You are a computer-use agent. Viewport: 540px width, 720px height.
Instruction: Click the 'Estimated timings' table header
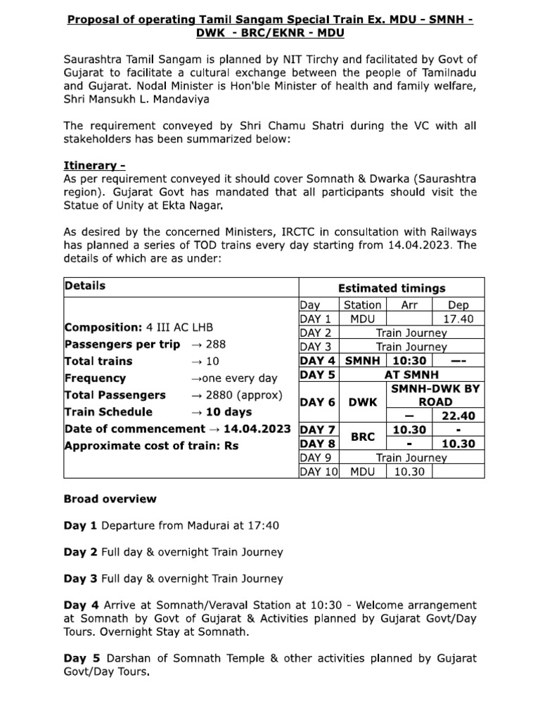(x=392, y=288)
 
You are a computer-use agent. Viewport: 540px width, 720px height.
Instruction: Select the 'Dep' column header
(x=458, y=305)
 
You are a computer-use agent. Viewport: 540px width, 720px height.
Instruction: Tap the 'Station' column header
(x=363, y=305)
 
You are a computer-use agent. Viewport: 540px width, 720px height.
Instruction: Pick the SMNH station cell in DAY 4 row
(x=363, y=361)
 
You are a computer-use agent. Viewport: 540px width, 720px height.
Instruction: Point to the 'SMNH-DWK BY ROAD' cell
(x=435, y=394)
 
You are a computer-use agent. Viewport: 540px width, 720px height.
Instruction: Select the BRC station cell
(x=363, y=436)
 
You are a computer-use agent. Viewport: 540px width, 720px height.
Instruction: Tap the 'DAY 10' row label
(x=319, y=472)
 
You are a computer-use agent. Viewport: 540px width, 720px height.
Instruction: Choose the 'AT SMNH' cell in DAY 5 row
(x=411, y=375)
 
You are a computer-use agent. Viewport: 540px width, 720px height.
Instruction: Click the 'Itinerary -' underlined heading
(x=95, y=166)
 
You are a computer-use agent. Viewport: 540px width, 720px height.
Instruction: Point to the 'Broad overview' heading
(x=110, y=499)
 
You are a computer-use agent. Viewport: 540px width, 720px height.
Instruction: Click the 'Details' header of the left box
(x=85, y=285)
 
